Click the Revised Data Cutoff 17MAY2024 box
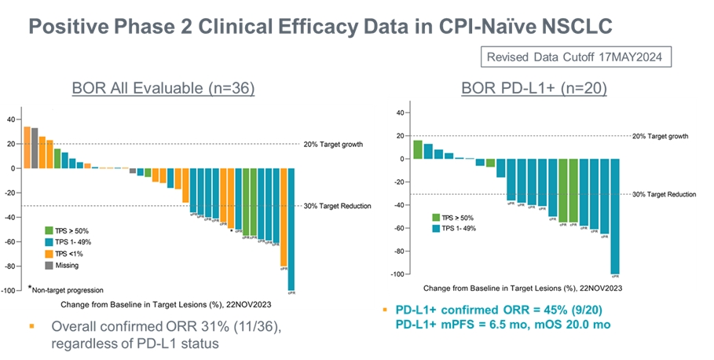[575, 57]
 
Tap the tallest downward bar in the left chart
[291, 228]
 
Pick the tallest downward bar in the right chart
[615, 215]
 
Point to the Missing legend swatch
[49, 265]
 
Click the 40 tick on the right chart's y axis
[399, 112]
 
